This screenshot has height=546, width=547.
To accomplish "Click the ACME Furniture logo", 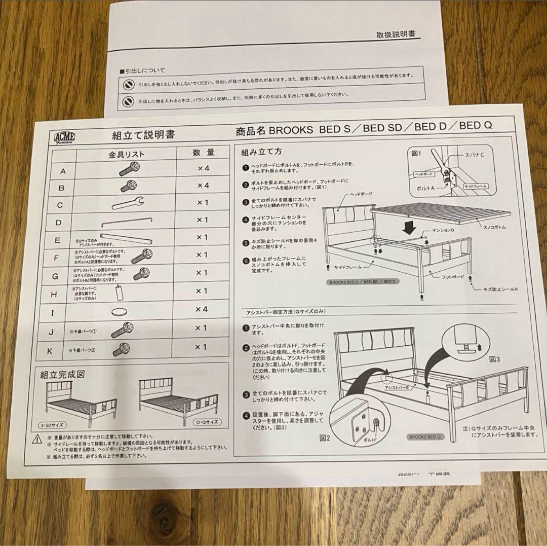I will pos(64,137).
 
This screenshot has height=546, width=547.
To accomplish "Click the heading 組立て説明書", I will pos(143,135).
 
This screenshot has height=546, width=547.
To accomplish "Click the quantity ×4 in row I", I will pos(203,309).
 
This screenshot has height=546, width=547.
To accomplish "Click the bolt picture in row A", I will pos(129,169).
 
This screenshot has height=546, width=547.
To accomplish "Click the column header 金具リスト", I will pos(127,153).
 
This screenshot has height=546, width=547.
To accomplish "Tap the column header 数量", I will pos(204,152).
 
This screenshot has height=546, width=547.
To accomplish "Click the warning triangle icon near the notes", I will pos(37,439).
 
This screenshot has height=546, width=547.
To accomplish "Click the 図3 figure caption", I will pos(494,359).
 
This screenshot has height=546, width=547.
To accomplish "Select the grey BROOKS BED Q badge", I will pos(424,436).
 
